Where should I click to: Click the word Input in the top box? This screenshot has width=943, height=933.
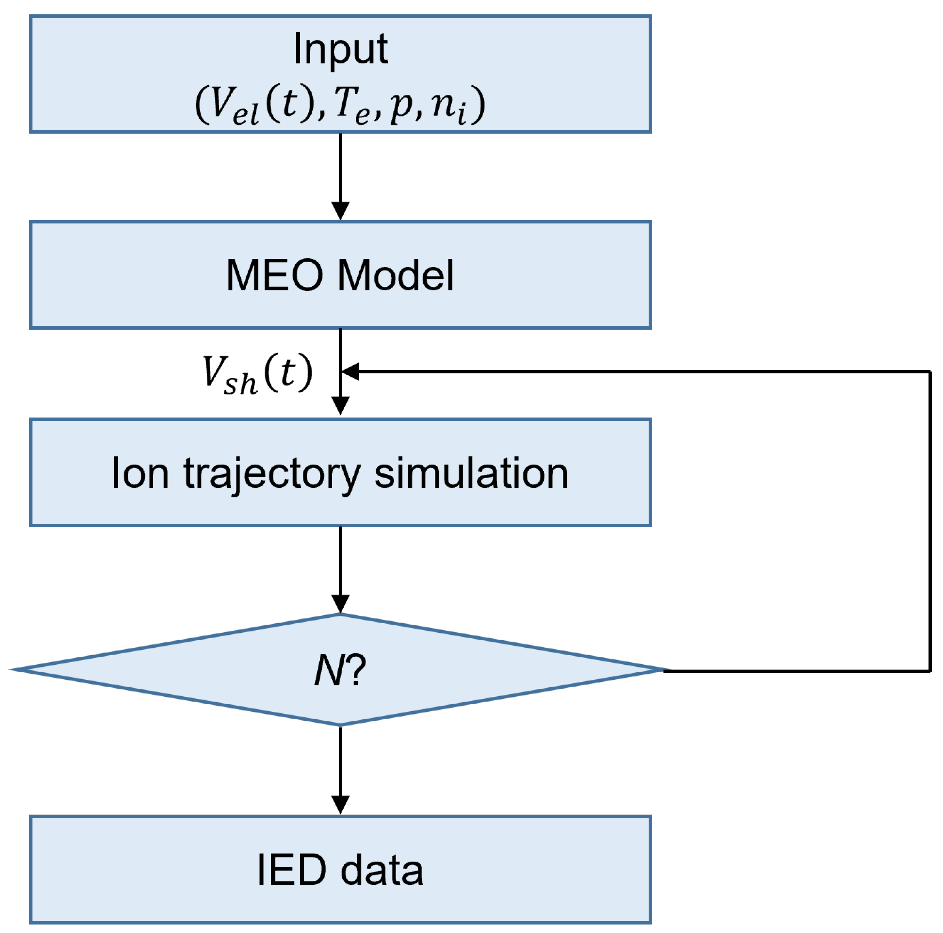pyautogui.click(x=340, y=49)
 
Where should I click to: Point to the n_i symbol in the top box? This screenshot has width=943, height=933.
pyautogui.click(x=449, y=105)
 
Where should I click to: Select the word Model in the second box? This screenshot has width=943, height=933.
pyautogui.click(x=395, y=275)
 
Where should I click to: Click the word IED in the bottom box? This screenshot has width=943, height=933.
pyautogui.click(x=291, y=870)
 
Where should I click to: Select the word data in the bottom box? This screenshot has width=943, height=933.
pyautogui.click(x=382, y=870)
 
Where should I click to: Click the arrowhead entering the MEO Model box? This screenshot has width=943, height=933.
pyautogui.click(x=340, y=211)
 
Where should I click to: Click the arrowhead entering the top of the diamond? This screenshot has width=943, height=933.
pyautogui.click(x=340, y=604)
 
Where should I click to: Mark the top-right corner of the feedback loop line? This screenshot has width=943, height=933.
pyautogui.click(x=930, y=372)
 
